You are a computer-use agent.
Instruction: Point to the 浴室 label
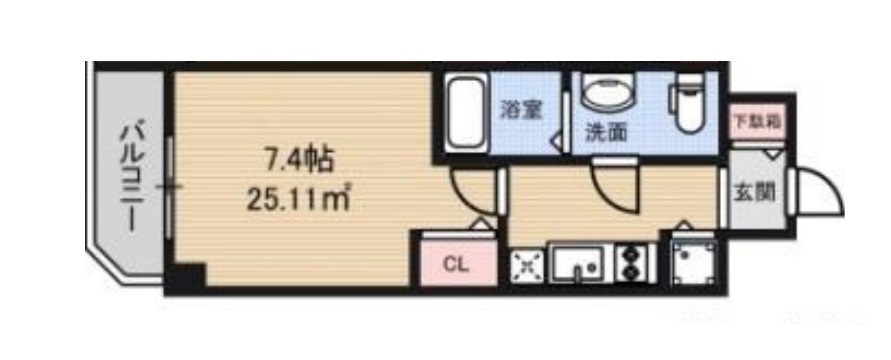[521, 110]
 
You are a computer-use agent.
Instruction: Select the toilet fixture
[688, 106]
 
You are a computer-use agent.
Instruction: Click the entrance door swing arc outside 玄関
[818, 192]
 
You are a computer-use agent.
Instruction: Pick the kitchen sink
[579, 264]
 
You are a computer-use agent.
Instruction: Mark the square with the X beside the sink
[526, 264]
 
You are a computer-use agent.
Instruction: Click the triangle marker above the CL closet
[483, 227]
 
